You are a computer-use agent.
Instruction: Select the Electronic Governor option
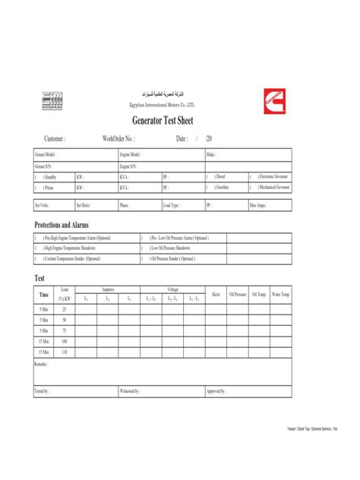pos(272,175)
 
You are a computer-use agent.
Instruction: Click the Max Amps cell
pos(260,205)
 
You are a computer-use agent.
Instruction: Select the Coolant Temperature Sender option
pos(73,258)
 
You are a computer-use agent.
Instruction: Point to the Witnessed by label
pos(130,391)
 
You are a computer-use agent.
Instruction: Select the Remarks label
pos(42,365)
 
